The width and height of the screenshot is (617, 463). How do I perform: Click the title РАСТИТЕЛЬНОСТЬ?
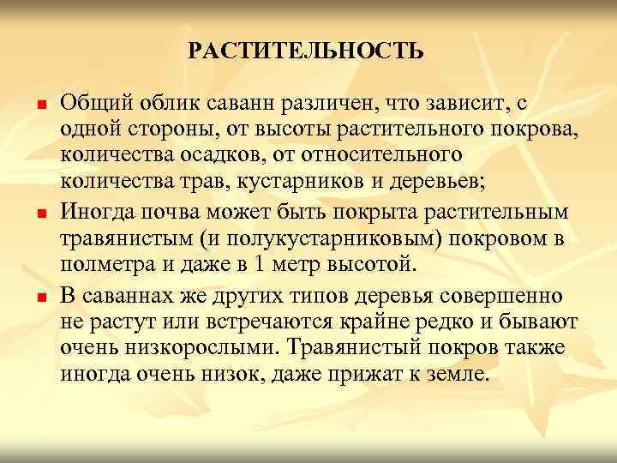tap(306, 51)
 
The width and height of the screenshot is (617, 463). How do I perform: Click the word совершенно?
tap(503, 297)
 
